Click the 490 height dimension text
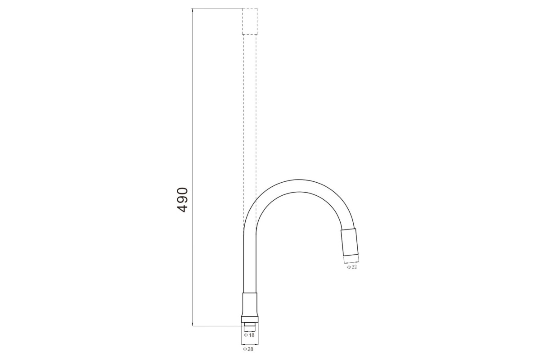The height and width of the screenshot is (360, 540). pyautogui.click(x=182, y=200)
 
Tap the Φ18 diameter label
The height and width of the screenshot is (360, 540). pyautogui.click(x=249, y=335)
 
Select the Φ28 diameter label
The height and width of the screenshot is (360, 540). pyautogui.click(x=248, y=349)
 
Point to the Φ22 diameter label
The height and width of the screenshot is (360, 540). pyautogui.click(x=352, y=267)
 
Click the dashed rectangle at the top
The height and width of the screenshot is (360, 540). pyautogui.click(x=250, y=22)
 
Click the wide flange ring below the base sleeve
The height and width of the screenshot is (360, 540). pyautogui.click(x=250, y=319)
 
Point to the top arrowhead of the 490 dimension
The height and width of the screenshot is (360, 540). pyautogui.click(x=192, y=9)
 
